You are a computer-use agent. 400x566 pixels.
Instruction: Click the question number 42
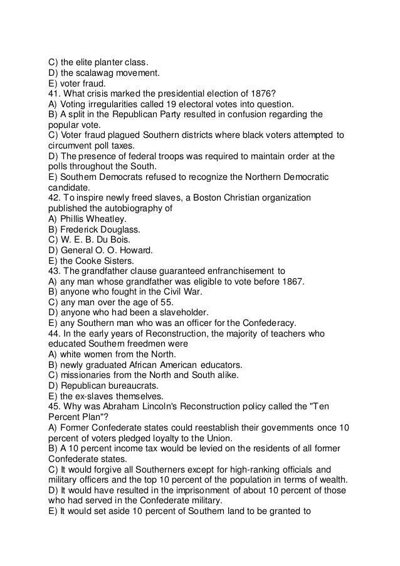tap(55, 198)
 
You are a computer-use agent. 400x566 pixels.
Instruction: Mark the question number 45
tap(55, 406)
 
